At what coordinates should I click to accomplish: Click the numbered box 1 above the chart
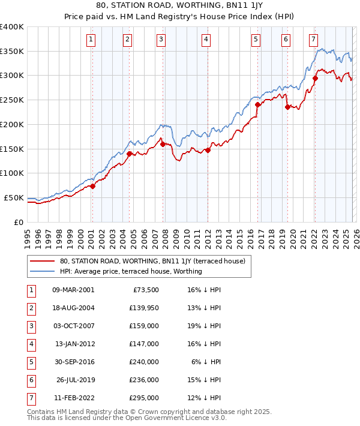[x=91, y=40]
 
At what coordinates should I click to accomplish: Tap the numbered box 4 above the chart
[x=206, y=40]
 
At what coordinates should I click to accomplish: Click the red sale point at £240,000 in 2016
[x=257, y=104]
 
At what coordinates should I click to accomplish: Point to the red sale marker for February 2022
[x=315, y=77]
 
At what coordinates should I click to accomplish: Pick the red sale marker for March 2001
[x=92, y=186]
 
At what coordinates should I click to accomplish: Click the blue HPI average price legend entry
[x=131, y=272]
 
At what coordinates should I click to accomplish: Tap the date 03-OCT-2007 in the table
[x=73, y=327]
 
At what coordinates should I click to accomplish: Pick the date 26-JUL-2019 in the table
[x=73, y=380]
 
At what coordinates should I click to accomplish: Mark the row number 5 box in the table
[x=29, y=362]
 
